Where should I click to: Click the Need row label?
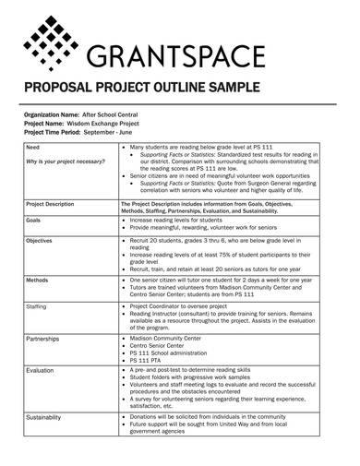32,148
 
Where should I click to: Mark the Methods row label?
37,278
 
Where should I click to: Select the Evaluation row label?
40,370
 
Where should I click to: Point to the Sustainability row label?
44,416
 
